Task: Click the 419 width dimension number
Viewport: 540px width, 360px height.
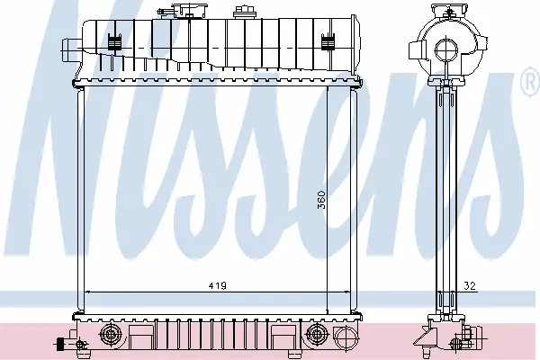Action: pyautogui.click(x=217, y=286)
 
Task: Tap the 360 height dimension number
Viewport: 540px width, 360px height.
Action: pyautogui.click(x=321, y=200)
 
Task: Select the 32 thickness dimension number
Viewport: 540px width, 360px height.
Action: pyautogui.click(x=470, y=286)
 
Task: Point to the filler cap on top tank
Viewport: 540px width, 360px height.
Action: pyautogui.click(x=190, y=10)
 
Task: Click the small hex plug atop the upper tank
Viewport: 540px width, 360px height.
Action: pyautogui.click(x=240, y=12)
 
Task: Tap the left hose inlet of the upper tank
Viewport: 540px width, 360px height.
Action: pyautogui.click(x=71, y=50)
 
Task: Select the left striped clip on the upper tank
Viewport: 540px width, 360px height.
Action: pyautogui.click(x=114, y=41)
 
